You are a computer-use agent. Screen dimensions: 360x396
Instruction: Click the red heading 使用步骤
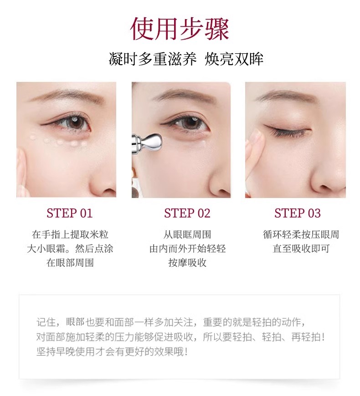(x=180, y=29)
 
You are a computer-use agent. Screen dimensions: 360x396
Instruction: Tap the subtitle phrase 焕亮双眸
(x=234, y=59)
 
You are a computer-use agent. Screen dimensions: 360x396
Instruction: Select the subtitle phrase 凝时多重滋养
(x=153, y=59)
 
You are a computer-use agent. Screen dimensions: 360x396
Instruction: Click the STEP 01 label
(x=70, y=213)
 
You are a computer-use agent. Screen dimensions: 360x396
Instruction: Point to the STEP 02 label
(x=187, y=213)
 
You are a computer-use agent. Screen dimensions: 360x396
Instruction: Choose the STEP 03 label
(x=298, y=213)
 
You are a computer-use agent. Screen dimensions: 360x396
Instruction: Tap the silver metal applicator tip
(x=151, y=142)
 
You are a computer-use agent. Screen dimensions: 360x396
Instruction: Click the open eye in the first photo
(x=68, y=123)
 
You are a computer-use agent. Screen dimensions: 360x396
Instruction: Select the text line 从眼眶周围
(x=187, y=234)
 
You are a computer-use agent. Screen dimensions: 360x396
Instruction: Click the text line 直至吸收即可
(x=301, y=249)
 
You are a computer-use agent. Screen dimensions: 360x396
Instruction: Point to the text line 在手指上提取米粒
(x=70, y=234)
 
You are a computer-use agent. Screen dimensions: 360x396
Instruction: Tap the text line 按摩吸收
(x=187, y=263)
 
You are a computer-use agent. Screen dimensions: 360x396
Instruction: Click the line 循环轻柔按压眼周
(x=301, y=234)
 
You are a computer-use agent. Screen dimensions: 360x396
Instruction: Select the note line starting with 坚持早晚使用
(x=112, y=352)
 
